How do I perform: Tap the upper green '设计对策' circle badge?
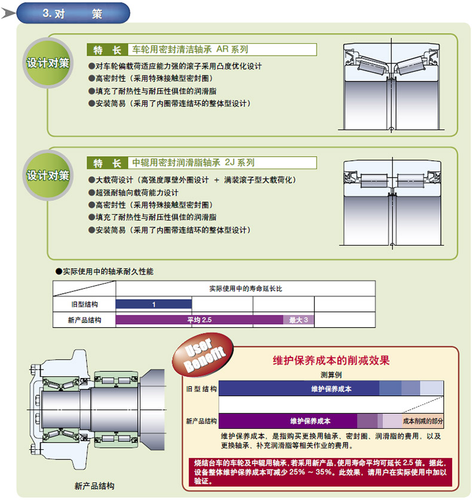48,63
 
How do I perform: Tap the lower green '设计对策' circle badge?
48,175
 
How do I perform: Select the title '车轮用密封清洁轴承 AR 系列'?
189,50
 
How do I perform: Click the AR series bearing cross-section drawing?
391,87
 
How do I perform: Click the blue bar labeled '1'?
154,304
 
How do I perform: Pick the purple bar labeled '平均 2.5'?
199,320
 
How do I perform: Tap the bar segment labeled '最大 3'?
298,320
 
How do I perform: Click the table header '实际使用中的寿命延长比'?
246,288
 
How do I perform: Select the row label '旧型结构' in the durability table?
84,304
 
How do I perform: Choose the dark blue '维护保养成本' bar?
299,388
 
